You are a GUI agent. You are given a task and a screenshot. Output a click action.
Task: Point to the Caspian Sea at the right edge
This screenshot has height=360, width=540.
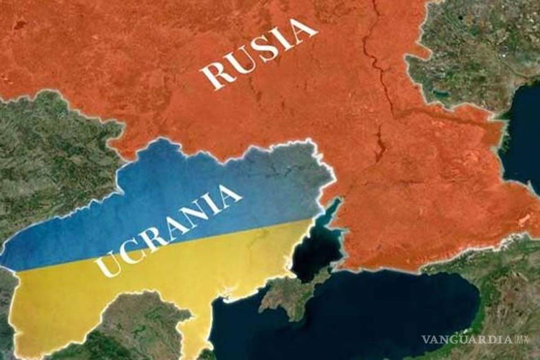(524, 135)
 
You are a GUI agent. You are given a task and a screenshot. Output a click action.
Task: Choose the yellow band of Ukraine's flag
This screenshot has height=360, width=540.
(180, 279)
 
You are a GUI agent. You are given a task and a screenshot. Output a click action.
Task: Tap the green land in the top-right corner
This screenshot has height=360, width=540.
(486, 36)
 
